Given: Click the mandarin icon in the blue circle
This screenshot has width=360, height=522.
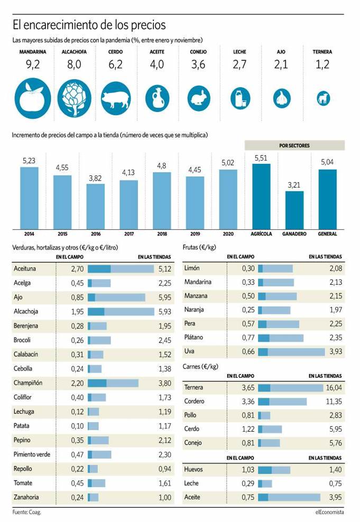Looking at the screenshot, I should pos(33,98).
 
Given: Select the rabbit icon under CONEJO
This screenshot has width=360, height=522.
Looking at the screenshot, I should pos(198,98).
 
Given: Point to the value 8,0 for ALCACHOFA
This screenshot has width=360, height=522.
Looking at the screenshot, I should pos(74,67).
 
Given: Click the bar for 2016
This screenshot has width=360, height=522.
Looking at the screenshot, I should pos(96,207).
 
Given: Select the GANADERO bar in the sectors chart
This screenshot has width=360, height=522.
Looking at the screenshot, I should pos(294,210).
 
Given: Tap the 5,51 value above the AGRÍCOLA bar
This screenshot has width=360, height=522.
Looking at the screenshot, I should pos(261,158).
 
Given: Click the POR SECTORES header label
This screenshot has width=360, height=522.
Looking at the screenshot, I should pos(294,145).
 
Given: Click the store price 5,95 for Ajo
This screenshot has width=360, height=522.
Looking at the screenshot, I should pos(164,297).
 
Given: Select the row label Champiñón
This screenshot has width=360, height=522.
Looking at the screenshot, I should pos(27,383).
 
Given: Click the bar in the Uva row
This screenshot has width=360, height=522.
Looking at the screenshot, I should pos(291,351).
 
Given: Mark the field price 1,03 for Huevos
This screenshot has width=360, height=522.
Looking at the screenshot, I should pos(248,469).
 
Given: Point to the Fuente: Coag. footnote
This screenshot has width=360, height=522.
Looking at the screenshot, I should pos(26,512).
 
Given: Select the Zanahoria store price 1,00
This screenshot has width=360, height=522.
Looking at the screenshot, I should pos(164,497).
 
